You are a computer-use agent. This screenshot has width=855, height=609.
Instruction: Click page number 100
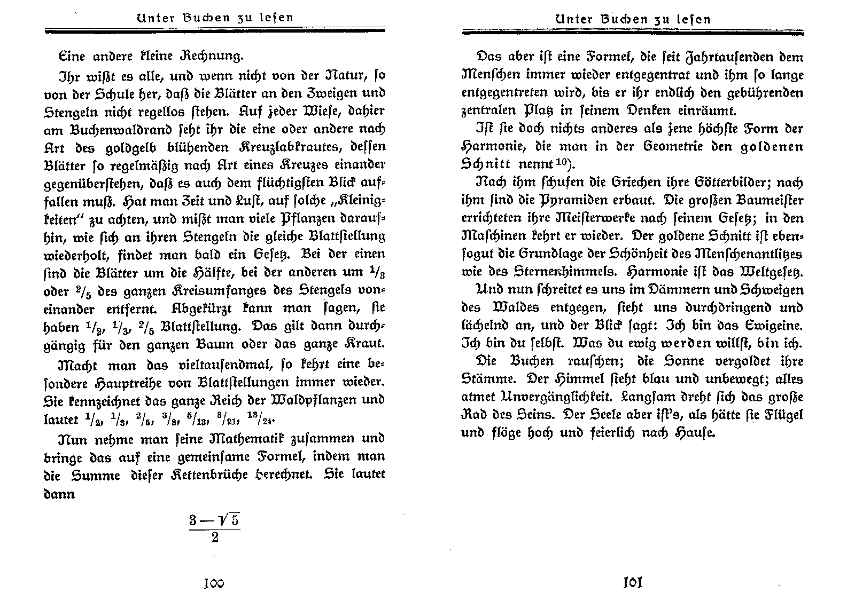[214, 583]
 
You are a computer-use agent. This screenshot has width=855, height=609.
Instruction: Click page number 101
[632, 582]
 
